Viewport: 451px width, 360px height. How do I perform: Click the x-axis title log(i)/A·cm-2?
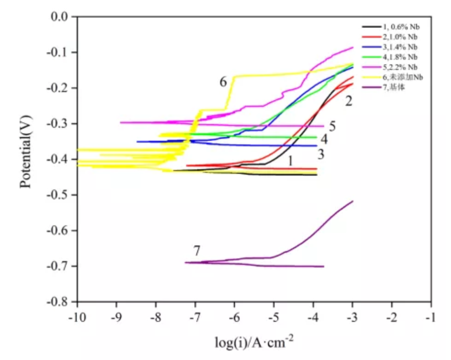(254, 342)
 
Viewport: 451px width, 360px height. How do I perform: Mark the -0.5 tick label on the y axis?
(57, 195)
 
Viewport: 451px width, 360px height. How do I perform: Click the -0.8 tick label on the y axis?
(57, 302)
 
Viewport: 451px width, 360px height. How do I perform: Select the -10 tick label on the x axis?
(77, 319)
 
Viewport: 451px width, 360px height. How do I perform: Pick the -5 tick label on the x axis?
(274, 319)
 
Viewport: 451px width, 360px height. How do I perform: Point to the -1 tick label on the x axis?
(431, 319)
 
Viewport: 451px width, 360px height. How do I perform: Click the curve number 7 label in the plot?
(197, 251)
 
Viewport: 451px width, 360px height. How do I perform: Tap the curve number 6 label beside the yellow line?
(223, 82)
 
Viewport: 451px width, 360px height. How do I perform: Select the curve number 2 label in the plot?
(349, 101)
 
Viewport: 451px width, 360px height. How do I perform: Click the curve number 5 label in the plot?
(332, 126)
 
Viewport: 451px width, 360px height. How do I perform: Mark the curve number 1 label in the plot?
(291, 160)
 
